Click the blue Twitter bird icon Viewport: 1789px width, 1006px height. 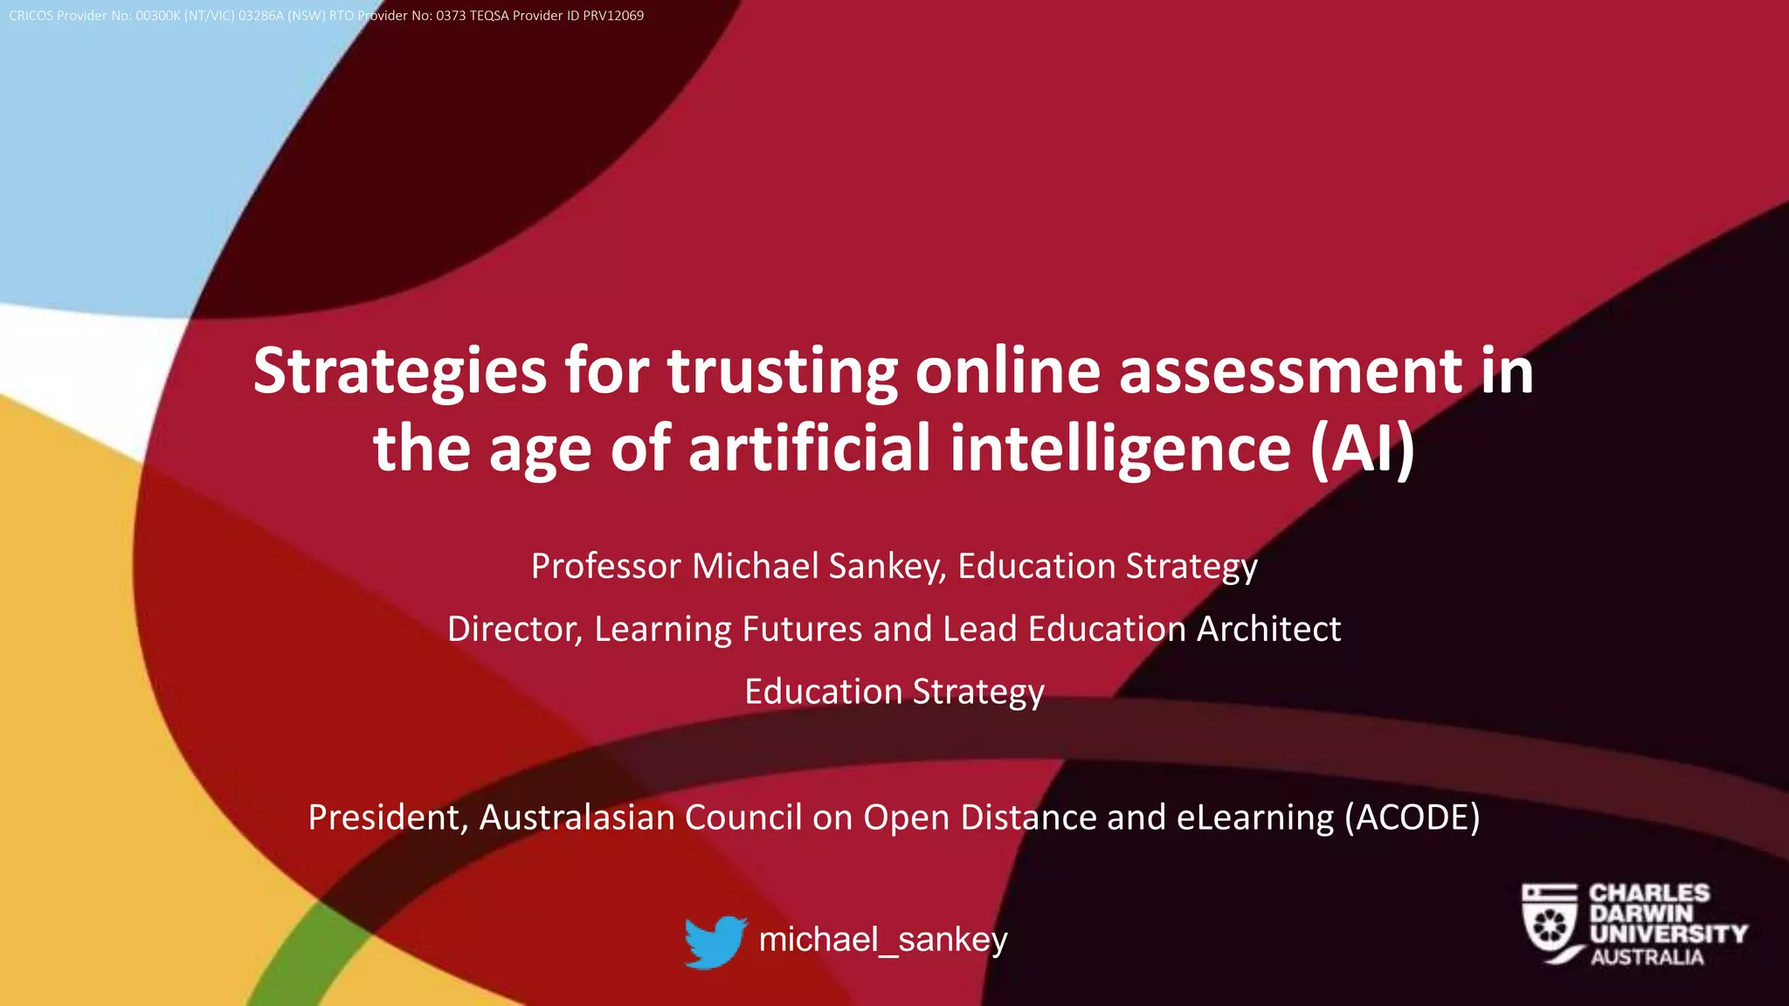pyautogui.click(x=715, y=941)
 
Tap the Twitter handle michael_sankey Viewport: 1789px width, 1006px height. pyautogui.click(x=883, y=940)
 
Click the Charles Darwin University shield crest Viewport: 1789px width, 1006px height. pyautogui.click(x=1549, y=922)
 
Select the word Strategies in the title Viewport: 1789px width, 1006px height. pyautogui.click(x=400, y=371)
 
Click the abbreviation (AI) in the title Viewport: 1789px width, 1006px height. pyautogui.click(x=1362, y=448)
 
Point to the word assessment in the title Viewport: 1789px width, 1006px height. pyautogui.click(x=1290, y=371)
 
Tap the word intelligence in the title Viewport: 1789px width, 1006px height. pyautogui.click(x=1120, y=448)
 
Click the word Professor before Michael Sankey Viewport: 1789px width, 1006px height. pyautogui.click(x=605, y=566)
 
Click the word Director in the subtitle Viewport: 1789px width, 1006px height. pyautogui.click(x=515, y=629)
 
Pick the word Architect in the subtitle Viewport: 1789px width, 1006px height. pyautogui.click(x=1268, y=629)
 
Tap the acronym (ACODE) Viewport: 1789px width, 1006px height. pyautogui.click(x=1412, y=817)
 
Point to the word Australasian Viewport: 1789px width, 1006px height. pyautogui.click(x=577, y=817)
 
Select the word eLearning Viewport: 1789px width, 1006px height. pyautogui.click(x=1255, y=817)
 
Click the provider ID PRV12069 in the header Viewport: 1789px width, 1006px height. pyautogui.click(x=613, y=16)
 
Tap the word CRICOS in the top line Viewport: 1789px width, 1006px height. pyautogui.click(x=31, y=16)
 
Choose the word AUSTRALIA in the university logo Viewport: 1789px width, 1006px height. pyautogui.click(x=1647, y=957)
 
